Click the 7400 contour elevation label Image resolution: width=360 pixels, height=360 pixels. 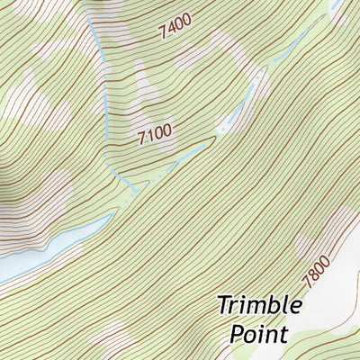tap(175, 31)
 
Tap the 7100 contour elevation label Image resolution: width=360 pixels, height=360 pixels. tap(154, 136)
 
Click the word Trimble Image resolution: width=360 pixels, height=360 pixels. tap(259, 305)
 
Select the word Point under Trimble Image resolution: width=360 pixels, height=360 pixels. tap(258, 334)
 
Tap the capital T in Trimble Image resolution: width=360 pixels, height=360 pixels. tap(225, 305)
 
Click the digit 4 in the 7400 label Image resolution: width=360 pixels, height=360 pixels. tap(170, 32)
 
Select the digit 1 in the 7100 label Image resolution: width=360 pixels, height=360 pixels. tap(149, 138)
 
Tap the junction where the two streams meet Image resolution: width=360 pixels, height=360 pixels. tap(133, 186)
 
